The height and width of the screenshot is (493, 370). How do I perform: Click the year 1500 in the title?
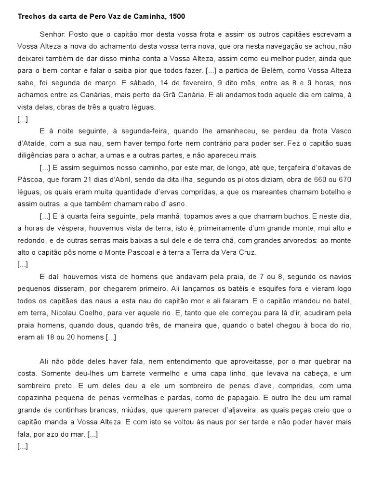[177, 16]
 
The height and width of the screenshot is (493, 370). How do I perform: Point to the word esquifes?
[199, 289]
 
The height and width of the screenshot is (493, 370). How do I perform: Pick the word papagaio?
[240, 398]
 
